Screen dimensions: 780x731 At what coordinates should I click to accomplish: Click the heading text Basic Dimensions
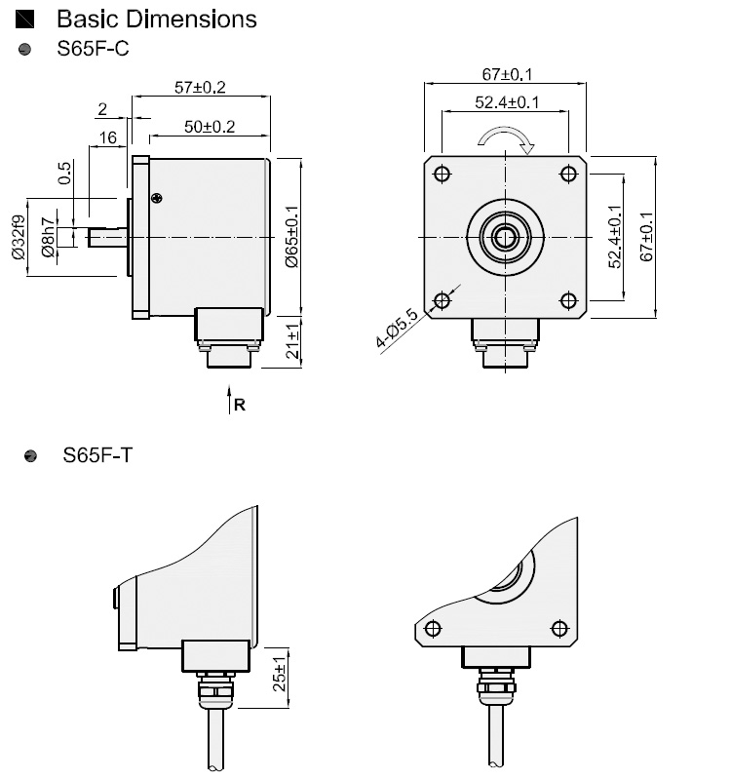pyautogui.click(x=157, y=19)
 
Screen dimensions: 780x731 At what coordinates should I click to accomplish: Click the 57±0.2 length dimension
pyautogui.click(x=200, y=88)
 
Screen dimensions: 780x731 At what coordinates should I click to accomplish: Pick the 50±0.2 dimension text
pyautogui.click(x=209, y=127)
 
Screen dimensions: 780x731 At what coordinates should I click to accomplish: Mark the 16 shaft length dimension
pyautogui.click(x=107, y=138)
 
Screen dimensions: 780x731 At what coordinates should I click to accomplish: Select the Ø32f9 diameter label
pyautogui.click(x=18, y=237)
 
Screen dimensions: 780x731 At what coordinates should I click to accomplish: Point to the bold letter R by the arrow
pyautogui.click(x=240, y=405)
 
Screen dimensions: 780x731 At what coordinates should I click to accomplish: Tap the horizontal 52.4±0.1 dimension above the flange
pyautogui.click(x=507, y=102)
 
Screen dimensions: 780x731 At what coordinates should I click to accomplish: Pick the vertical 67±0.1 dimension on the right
pyautogui.click(x=645, y=237)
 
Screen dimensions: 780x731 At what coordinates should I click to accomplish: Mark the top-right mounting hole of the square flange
pyautogui.click(x=569, y=174)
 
